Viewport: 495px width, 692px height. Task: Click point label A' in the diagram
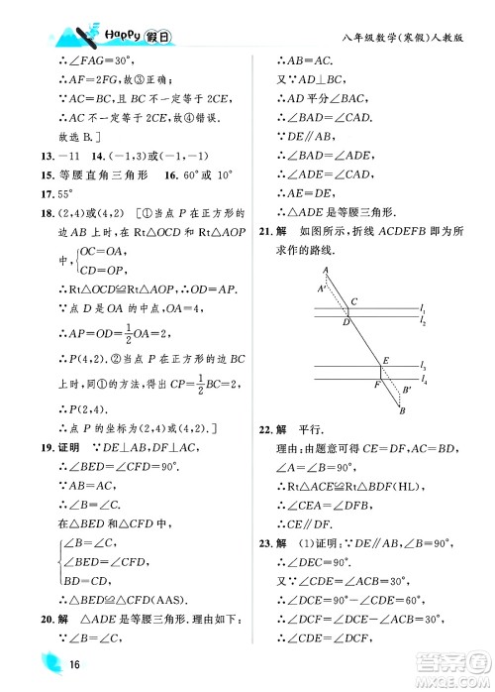pyautogui.click(x=321, y=288)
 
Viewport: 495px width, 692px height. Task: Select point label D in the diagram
pyautogui.click(x=346, y=322)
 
